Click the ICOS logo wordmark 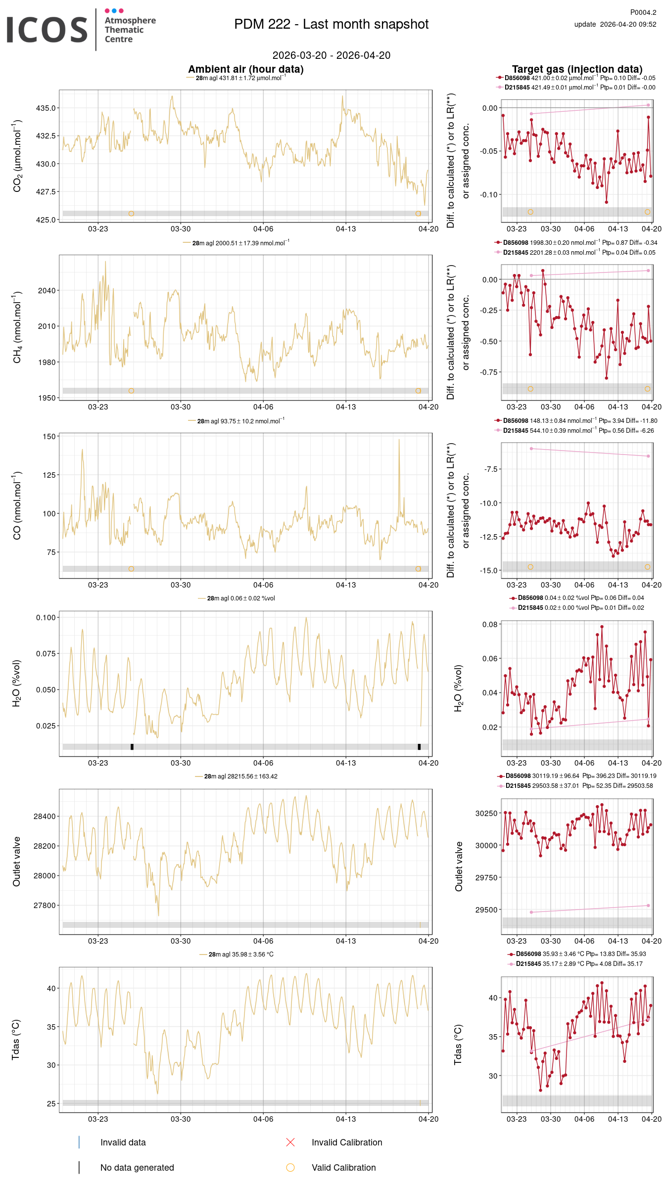pyautogui.click(x=47, y=30)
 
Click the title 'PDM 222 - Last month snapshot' pyautogui.click(x=331, y=24)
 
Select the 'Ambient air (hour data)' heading pyautogui.click(x=245, y=69)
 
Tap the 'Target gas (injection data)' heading pyautogui.click(x=577, y=69)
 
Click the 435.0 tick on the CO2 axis pyautogui.click(x=46, y=108)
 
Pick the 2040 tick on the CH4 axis pyautogui.click(x=47, y=290)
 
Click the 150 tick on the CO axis pyautogui.click(x=49, y=436)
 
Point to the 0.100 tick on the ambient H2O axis pyautogui.click(x=46, y=617)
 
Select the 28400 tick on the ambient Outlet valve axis pyautogui.click(x=45, y=816)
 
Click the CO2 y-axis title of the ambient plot pyautogui.click(x=17, y=156)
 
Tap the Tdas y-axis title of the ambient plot pyautogui.click(x=16, y=1040)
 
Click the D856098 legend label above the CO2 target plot pyautogui.click(x=517, y=78)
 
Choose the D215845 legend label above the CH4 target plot pyautogui.click(x=516, y=253)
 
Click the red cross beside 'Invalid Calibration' pyautogui.click(x=290, y=1142)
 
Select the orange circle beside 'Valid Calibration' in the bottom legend pyautogui.click(x=290, y=1167)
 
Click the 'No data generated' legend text pyautogui.click(x=137, y=1167)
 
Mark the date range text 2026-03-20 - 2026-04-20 pyautogui.click(x=331, y=55)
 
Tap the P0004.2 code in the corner pyautogui.click(x=643, y=12)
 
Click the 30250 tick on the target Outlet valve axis pyautogui.click(x=486, y=813)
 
